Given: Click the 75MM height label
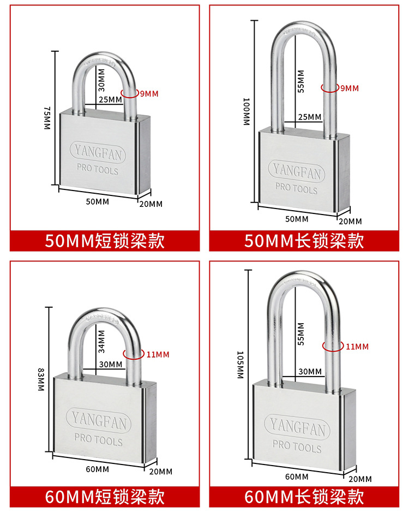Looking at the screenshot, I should click(47, 118).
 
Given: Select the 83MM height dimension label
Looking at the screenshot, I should click(41, 380).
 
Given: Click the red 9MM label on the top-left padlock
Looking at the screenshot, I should click(149, 94).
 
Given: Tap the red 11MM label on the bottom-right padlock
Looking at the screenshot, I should click(357, 347).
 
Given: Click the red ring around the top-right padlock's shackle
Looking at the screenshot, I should click(329, 87).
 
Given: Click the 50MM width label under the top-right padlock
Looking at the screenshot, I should click(297, 219).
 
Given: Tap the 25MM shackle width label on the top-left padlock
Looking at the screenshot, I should click(111, 99).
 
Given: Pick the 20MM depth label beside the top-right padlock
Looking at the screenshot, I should click(351, 221).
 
